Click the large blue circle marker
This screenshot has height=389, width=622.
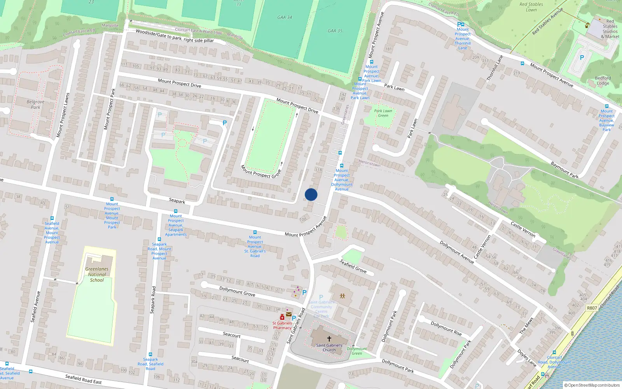tap(311, 194)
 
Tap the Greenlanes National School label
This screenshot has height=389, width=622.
tap(97, 274)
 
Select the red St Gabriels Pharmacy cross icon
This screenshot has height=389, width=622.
tap(282, 317)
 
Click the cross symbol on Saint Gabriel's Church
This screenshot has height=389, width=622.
tap(329, 339)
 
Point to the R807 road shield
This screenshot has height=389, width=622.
tap(592, 308)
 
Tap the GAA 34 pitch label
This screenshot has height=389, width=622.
tap(285, 18)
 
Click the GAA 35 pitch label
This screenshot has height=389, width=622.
tap(335, 31)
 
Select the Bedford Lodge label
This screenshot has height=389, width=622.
tap(603, 81)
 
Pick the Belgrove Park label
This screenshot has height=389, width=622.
tap(35, 104)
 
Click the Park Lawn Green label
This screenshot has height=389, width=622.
tap(383, 113)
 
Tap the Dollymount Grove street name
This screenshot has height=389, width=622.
tap(237, 291)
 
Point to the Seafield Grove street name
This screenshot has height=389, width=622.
tap(353, 266)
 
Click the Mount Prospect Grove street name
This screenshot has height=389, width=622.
tap(260, 171)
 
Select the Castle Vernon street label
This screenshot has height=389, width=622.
tap(523, 230)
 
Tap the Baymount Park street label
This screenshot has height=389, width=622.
tap(564, 170)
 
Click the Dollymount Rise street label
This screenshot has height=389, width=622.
tap(446, 328)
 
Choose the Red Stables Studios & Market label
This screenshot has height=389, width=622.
tap(610, 29)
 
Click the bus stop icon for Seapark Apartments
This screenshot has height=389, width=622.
tap(176, 211)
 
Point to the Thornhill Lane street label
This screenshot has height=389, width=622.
tap(495, 68)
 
